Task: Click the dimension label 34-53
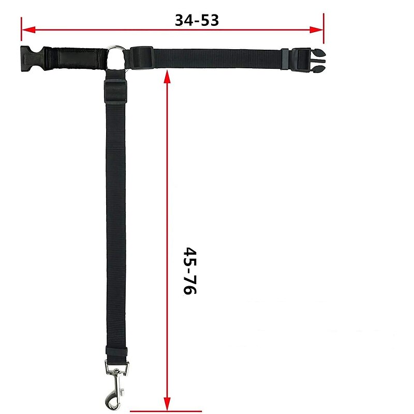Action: tap(197, 20)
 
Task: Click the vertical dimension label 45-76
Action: tap(190, 270)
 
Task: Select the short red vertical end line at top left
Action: tap(21, 29)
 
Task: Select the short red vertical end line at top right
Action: tap(323, 29)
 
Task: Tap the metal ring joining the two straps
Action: tap(116, 57)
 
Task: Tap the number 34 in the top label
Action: tap(184, 20)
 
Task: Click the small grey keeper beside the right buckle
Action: tap(285, 58)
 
